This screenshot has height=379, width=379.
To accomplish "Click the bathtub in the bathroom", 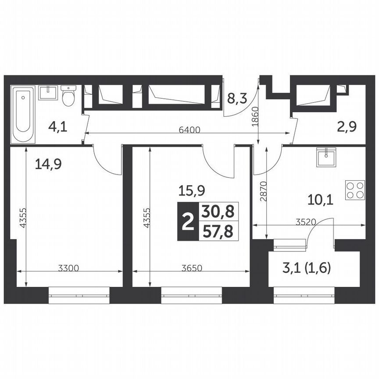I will coord(23,114).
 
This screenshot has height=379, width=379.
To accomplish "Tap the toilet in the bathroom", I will coord(68,96).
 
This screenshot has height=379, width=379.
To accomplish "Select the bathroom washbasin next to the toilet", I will coord(48,93).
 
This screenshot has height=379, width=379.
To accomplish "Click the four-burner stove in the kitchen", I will coord(355,190).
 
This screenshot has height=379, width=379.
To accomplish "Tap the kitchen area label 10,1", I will coord(320,200).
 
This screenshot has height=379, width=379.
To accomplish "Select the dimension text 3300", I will coord(68,268).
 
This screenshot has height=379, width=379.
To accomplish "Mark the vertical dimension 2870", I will coord(262,191).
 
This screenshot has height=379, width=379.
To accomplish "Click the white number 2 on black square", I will coord(187,222).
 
